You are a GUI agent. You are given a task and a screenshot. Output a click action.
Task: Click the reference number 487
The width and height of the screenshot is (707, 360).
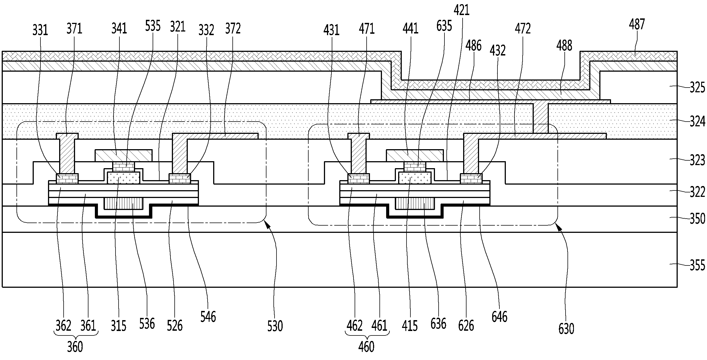(x=637, y=25)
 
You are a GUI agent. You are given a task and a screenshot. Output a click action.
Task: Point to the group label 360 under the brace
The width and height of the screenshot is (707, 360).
(x=75, y=347)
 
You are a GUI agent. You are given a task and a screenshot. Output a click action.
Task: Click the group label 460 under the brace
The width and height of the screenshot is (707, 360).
(x=366, y=347)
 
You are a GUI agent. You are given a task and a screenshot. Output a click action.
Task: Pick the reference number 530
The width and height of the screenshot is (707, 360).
(x=275, y=326)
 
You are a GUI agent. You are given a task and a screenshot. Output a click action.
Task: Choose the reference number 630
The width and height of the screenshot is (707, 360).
(x=566, y=329)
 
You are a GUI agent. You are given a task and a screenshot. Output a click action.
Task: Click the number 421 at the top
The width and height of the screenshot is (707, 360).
(x=461, y=10)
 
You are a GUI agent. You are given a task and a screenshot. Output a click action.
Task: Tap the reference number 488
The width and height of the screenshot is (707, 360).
(x=564, y=45)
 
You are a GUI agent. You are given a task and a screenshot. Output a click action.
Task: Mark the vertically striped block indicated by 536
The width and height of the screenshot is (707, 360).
(x=123, y=204)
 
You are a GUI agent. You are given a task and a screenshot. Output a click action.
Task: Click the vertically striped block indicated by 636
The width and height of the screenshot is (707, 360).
(x=415, y=204)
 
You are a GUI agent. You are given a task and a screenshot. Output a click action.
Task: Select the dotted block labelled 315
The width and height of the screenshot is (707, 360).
(x=124, y=178)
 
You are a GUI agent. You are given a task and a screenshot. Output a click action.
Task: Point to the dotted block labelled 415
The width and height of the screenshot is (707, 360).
(x=415, y=178)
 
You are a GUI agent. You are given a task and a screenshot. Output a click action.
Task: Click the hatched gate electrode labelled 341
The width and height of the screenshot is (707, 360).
(x=124, y=155)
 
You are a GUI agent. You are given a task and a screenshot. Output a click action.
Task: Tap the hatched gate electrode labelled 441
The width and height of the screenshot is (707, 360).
(x=415, y=155)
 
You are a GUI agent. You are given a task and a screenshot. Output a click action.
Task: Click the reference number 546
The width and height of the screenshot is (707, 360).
(x=208, y=316)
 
